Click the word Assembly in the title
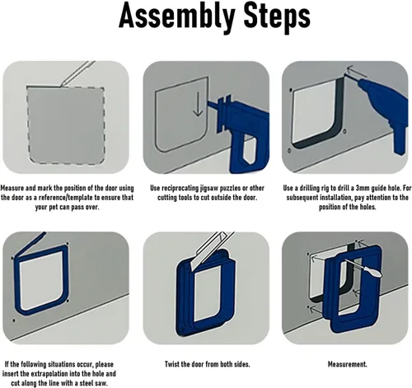(x=177, y=16)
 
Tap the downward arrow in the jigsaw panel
(x=198, y=105)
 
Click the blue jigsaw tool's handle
(x=249, y=152)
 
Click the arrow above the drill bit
(x=357, y=72)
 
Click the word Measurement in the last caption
(x=347, y=364)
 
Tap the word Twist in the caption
(x=171, y=364)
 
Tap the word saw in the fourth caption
(x=101, y=383)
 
